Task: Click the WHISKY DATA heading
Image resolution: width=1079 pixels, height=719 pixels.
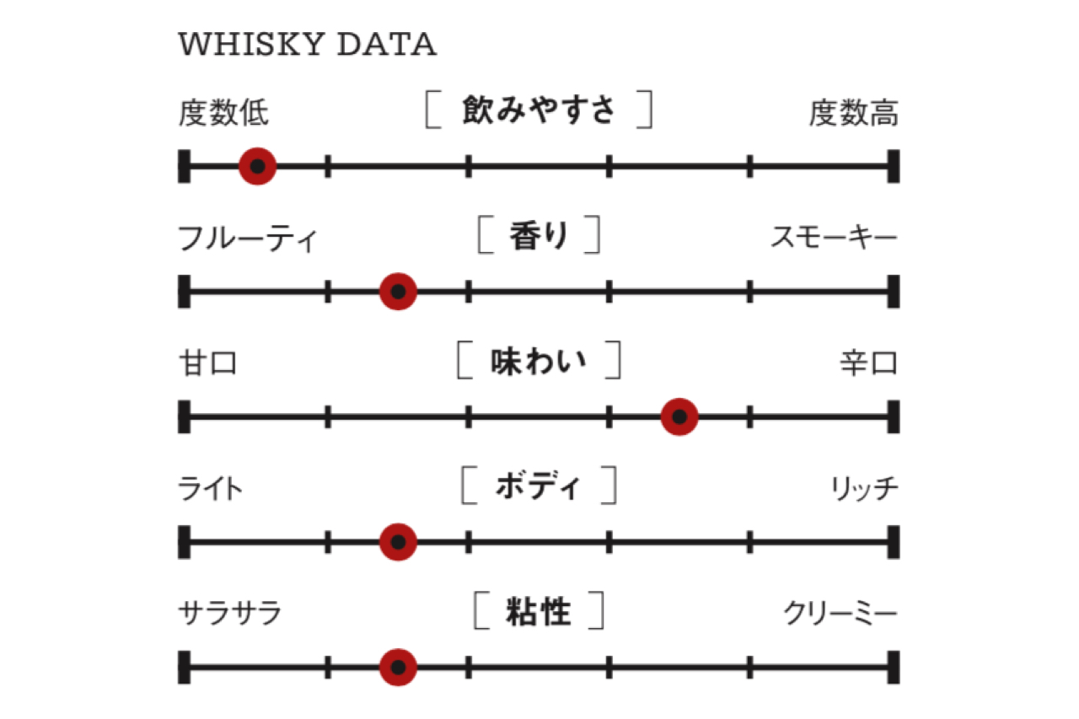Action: click(x=308, y=45)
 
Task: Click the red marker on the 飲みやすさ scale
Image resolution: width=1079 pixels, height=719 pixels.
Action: click(x=258, y=166)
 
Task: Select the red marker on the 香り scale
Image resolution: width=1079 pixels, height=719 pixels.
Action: click(x=398, y=292)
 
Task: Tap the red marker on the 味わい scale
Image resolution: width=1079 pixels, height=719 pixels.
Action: click(x=679, y=416)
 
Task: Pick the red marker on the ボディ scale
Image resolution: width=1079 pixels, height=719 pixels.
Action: click(x=398, y=542)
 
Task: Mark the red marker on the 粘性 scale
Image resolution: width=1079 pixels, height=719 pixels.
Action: click(x=398, y=667)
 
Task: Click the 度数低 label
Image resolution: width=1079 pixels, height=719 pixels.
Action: click(x=223, y=113)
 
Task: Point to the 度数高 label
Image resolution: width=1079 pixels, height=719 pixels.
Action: click(x=854, y=113)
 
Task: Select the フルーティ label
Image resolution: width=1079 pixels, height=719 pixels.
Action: click(x=248, y=238)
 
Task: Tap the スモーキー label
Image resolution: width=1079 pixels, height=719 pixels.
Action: click(x=835, y=237)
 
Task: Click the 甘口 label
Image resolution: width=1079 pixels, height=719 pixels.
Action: click(x=207, y=362)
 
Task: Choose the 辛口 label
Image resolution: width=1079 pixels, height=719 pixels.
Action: click(x=869, y=362)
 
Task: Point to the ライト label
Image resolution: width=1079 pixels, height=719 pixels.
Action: click(x=210, y=488)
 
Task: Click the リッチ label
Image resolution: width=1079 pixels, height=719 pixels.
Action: click(x=865, y=488)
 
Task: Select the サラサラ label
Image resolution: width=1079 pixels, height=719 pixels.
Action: click(x=229, y=613)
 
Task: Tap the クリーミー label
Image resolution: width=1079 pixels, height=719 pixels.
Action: click(x=841, y=613)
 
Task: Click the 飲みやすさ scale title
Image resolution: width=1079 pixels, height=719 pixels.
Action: click(x=539, y=110)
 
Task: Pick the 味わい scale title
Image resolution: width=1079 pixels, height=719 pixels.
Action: click(x=539, y=361)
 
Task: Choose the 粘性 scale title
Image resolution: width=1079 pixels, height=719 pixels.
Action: click(x=539, y=610)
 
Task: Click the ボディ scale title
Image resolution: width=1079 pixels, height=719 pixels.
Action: click(x=539, y=486)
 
